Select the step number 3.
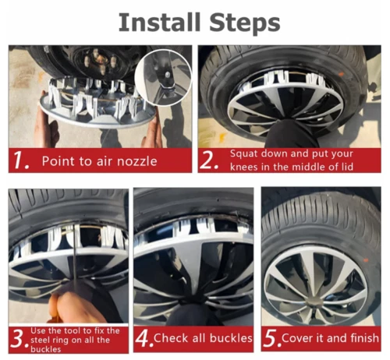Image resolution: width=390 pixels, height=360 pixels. coord(18,339)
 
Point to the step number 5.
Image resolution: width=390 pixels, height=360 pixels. coord(270,339)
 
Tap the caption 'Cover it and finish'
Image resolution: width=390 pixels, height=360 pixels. coord(331,339)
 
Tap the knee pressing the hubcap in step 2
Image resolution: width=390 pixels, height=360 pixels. coord(293,132)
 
